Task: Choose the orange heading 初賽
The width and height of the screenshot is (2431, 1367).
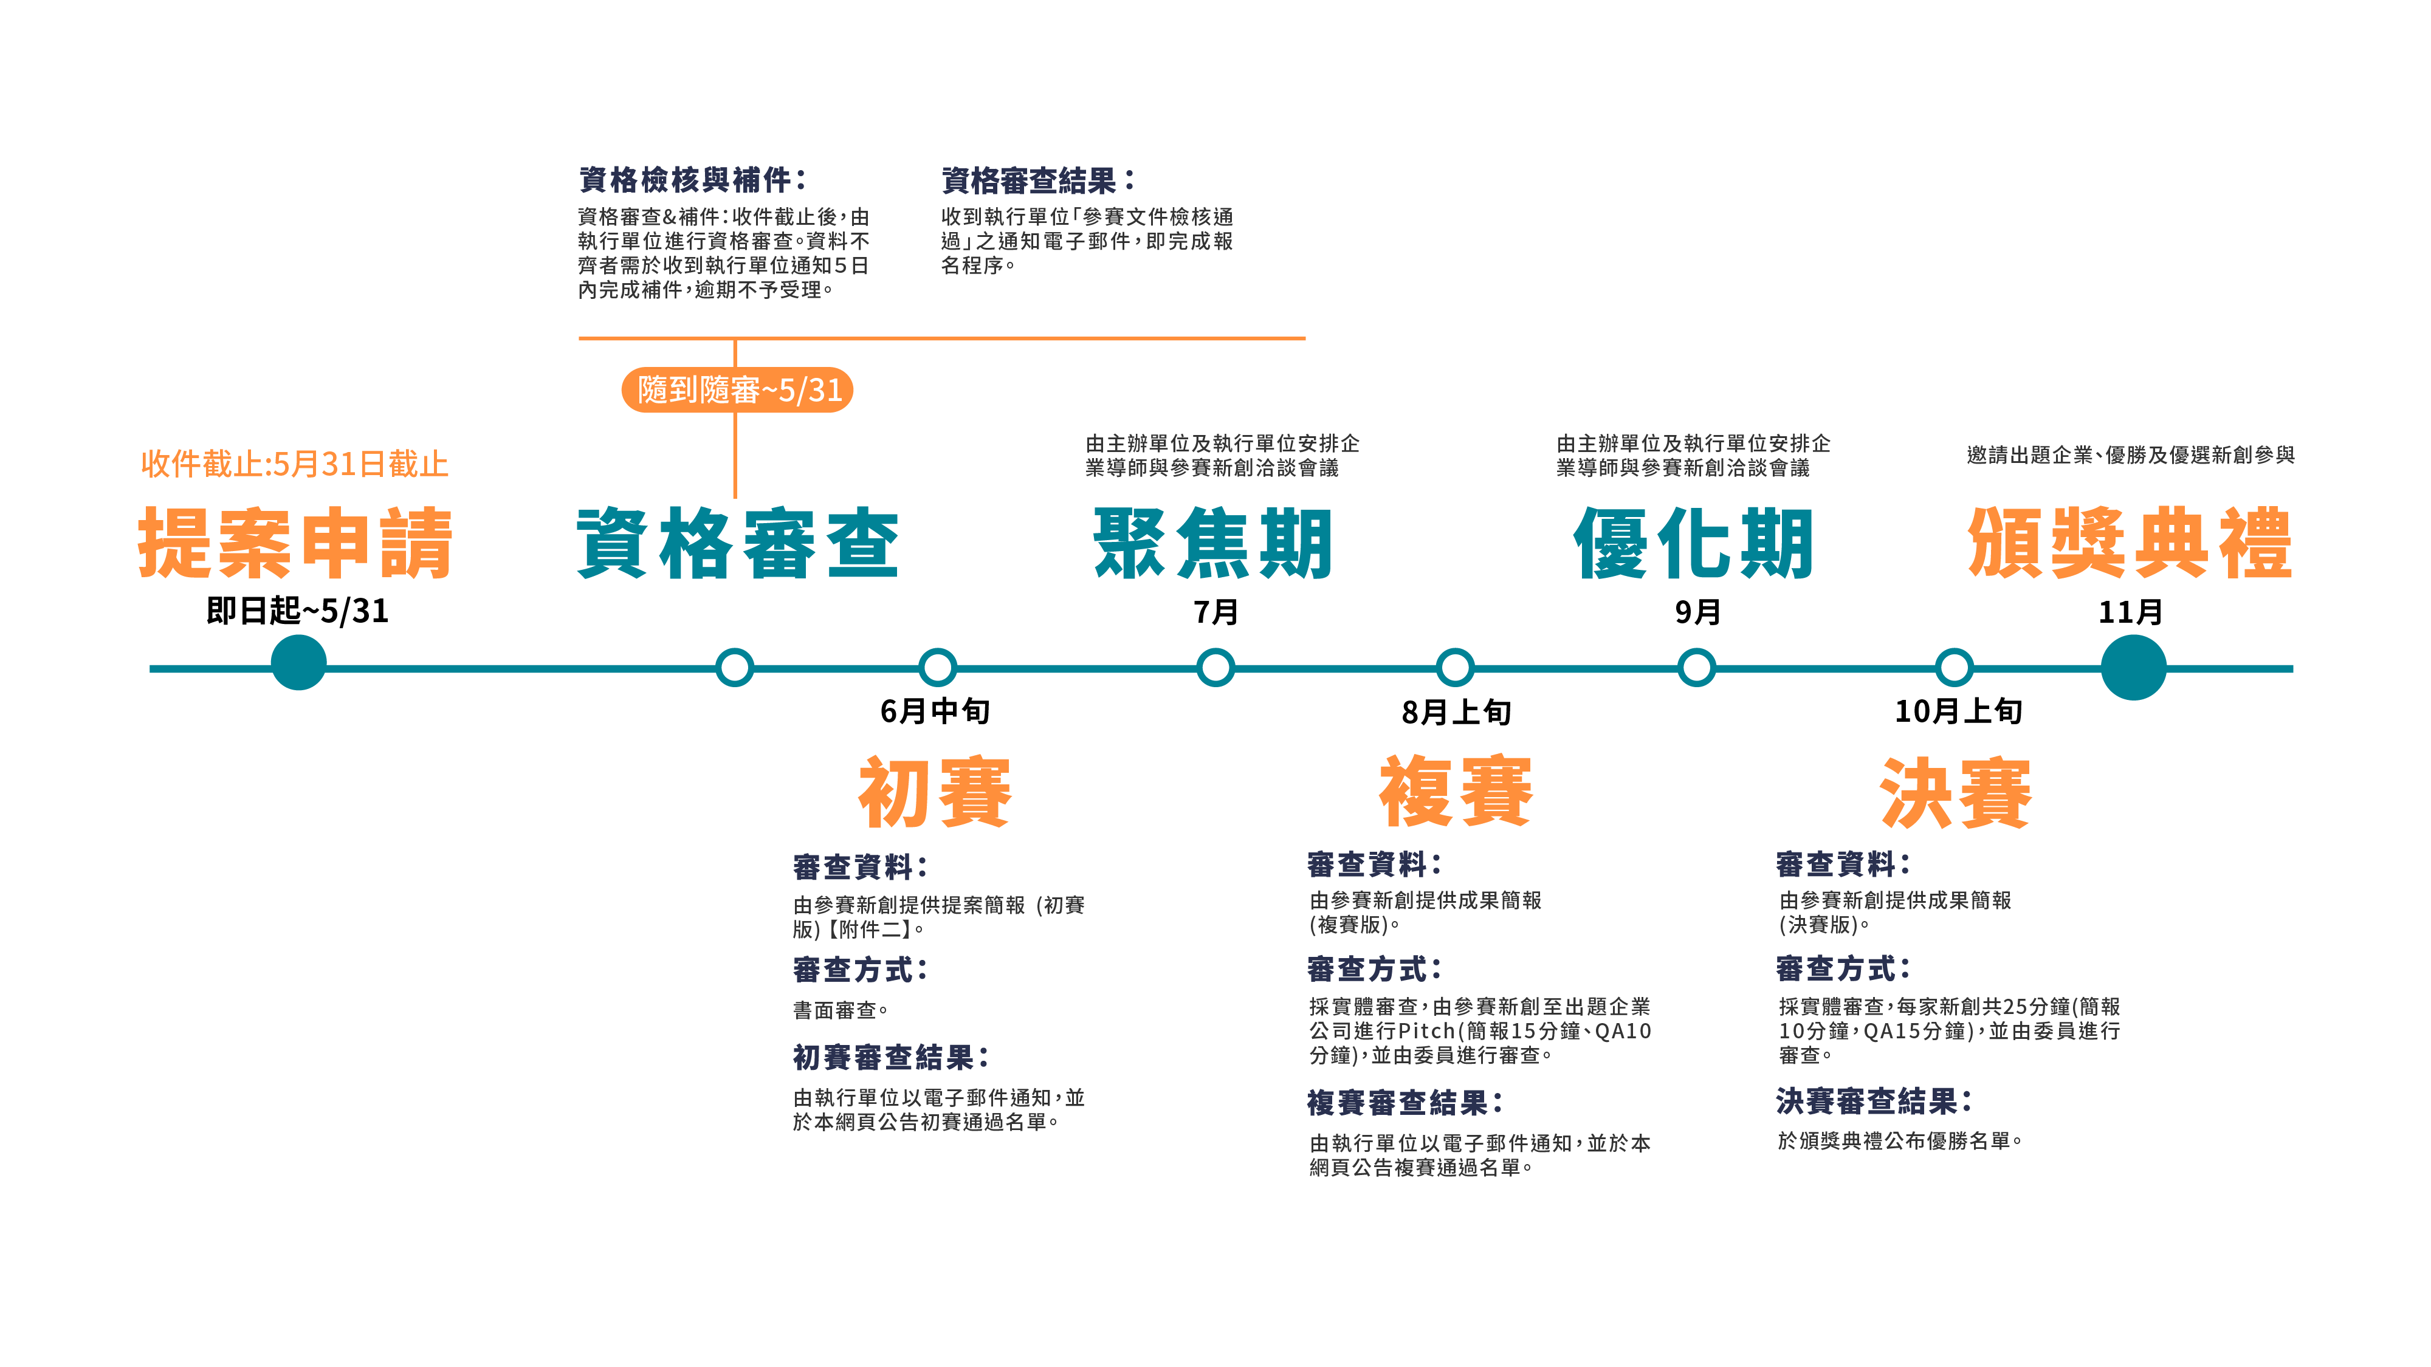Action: (934, 792)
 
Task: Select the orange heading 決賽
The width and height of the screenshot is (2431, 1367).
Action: (1955, 792)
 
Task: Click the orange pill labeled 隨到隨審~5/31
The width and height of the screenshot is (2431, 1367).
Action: (737, 389)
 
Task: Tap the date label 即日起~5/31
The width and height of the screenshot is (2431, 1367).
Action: (297, 611)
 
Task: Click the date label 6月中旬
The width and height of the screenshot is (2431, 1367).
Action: (934, 711)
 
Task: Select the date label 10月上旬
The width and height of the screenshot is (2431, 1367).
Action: (1958, 711)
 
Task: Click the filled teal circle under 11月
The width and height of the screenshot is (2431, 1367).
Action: (2133, 668)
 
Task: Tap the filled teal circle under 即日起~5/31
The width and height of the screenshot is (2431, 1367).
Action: (298, 663)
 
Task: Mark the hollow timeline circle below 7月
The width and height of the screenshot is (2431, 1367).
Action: (1215, 667)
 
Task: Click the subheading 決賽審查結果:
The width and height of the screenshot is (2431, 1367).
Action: (1873, 1101)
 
